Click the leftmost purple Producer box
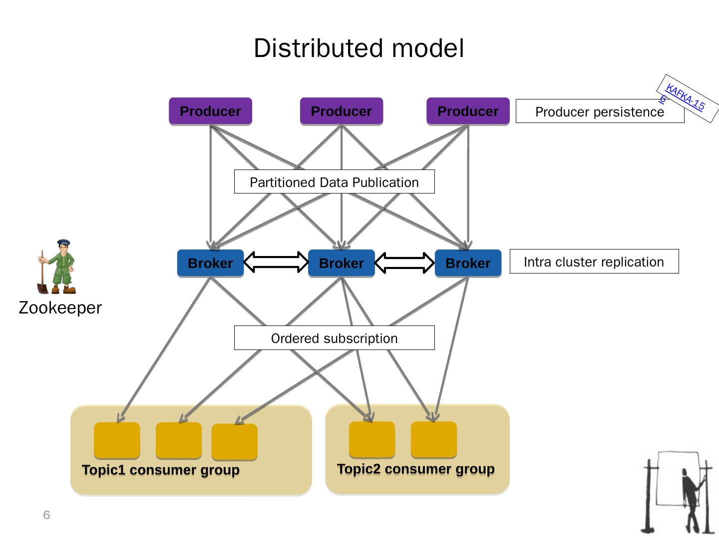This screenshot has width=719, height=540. tap(210, 111)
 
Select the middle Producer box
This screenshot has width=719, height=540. tap(341, 111)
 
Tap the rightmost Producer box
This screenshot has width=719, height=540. tap(468, 111)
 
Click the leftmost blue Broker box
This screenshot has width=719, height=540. tap(210, 263)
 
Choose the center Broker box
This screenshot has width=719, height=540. tap(341, 263)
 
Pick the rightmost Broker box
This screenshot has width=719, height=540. tap(468, 263)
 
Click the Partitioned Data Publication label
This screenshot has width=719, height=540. tap(334, 182)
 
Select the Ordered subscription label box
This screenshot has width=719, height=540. tap(334, 338)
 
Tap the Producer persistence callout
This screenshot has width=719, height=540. tap(599, 111)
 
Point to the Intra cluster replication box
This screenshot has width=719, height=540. tap(594, 261)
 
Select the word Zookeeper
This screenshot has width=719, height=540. tap(60, 307)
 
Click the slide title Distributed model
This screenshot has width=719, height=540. tap(359, 48)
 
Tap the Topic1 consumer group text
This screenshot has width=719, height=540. tap(160, 470)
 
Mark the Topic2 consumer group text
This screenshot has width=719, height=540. tap(415, 469)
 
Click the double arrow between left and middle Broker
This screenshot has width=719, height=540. tap(276, 262)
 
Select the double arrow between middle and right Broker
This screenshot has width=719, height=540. tap(404, 262)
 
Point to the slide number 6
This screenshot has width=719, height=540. tap(46, 515)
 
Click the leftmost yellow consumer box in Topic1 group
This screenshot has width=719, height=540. tap(117, 440)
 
